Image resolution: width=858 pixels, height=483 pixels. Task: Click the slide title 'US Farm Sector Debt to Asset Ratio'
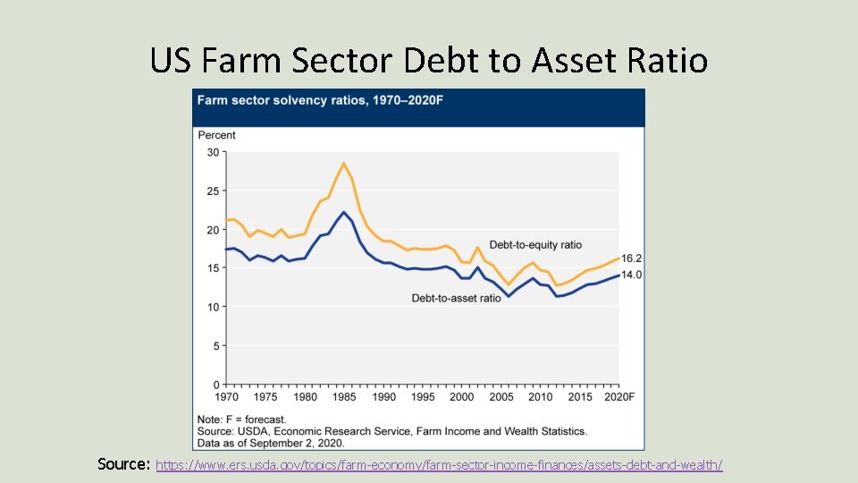pos(429,61)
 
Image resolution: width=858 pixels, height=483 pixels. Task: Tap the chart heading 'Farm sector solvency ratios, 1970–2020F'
pos(319,100)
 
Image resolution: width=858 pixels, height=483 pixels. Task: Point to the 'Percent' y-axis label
pos(216,135)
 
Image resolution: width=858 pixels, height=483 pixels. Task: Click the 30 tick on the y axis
pos(213,152)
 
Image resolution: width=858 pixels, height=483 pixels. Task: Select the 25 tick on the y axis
pos(213,191)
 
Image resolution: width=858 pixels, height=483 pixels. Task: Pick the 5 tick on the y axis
pos(215,345)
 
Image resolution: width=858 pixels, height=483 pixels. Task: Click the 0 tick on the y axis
pos(215,385)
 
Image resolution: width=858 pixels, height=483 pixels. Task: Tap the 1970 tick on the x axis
pos(227,397)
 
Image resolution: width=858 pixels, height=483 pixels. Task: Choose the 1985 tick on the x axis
pos(344,397)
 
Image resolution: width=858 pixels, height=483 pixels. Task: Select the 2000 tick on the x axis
pos(461,397)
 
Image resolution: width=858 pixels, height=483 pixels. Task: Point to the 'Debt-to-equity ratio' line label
pos(535,244)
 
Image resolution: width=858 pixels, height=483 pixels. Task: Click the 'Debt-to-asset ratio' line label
pos(456,298)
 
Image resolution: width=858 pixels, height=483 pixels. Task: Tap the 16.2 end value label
pos(631,258)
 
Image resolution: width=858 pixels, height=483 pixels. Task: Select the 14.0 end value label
pos(631,275)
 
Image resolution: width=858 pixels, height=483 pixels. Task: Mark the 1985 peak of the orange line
pos(343,163)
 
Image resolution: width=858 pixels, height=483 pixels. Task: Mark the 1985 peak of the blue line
pos(344,212)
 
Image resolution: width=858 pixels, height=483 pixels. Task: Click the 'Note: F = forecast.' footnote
pos(241,419)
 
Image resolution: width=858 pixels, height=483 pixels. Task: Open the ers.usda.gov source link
pos(439,465)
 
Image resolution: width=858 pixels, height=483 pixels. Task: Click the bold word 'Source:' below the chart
pos(124,464)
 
